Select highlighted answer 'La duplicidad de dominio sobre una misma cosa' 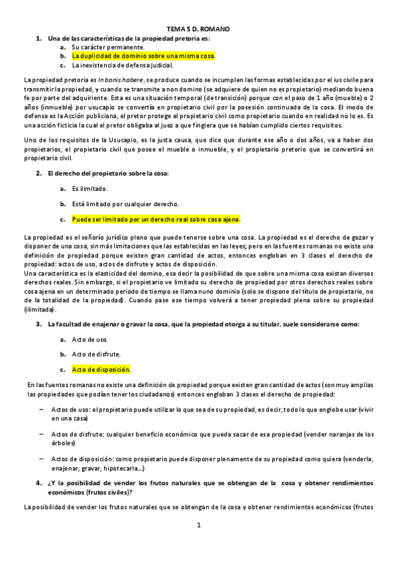[144, 56]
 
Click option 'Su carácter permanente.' [108, 48]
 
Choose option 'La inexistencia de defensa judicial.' [123, 65]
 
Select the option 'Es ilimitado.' [90, 189]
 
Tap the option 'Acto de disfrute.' [96, 354]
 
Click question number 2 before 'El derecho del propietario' [38, 173]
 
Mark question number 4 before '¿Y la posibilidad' [38, 483]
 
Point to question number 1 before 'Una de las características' [38, 39]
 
